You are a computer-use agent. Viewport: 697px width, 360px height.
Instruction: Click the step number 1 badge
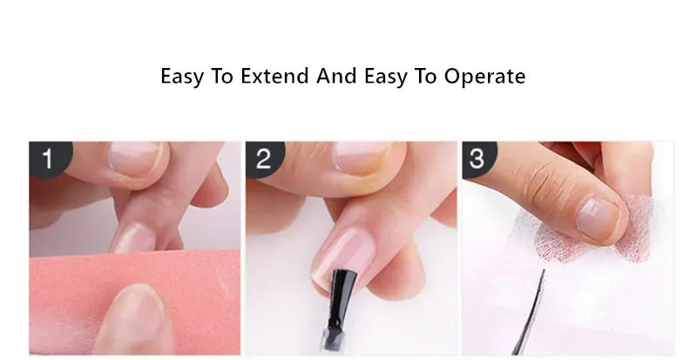[x=46, y=159]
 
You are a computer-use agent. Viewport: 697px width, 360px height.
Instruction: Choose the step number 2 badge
[x=263, y=159]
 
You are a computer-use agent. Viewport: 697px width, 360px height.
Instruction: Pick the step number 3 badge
[x=479, y=159]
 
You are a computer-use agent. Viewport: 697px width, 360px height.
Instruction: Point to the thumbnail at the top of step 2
[x=362, y=157]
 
